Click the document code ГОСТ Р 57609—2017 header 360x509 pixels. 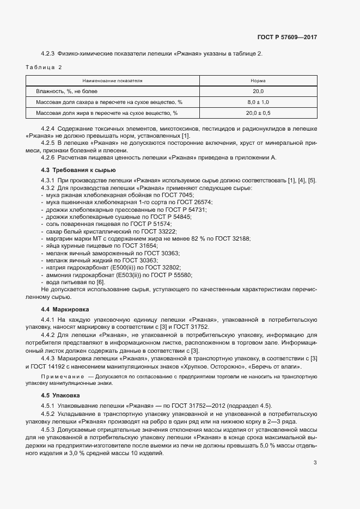click(x=287, y=37)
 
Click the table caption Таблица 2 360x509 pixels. click(x=44, y=67)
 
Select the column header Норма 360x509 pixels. click(x=258, y=80)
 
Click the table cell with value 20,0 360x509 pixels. click(x=258, y=91)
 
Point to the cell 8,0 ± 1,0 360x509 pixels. click(x=258, y=102)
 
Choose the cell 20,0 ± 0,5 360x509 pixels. click(x=258, y=113)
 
